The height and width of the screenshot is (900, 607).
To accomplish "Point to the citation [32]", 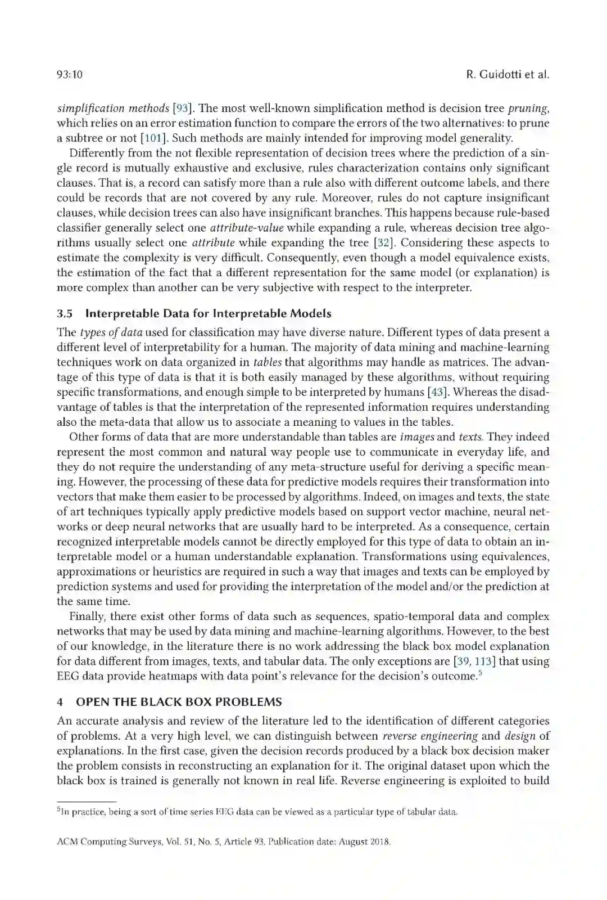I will [x=382, y=243].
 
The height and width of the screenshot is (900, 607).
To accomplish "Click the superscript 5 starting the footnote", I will [x=58, y=811].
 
